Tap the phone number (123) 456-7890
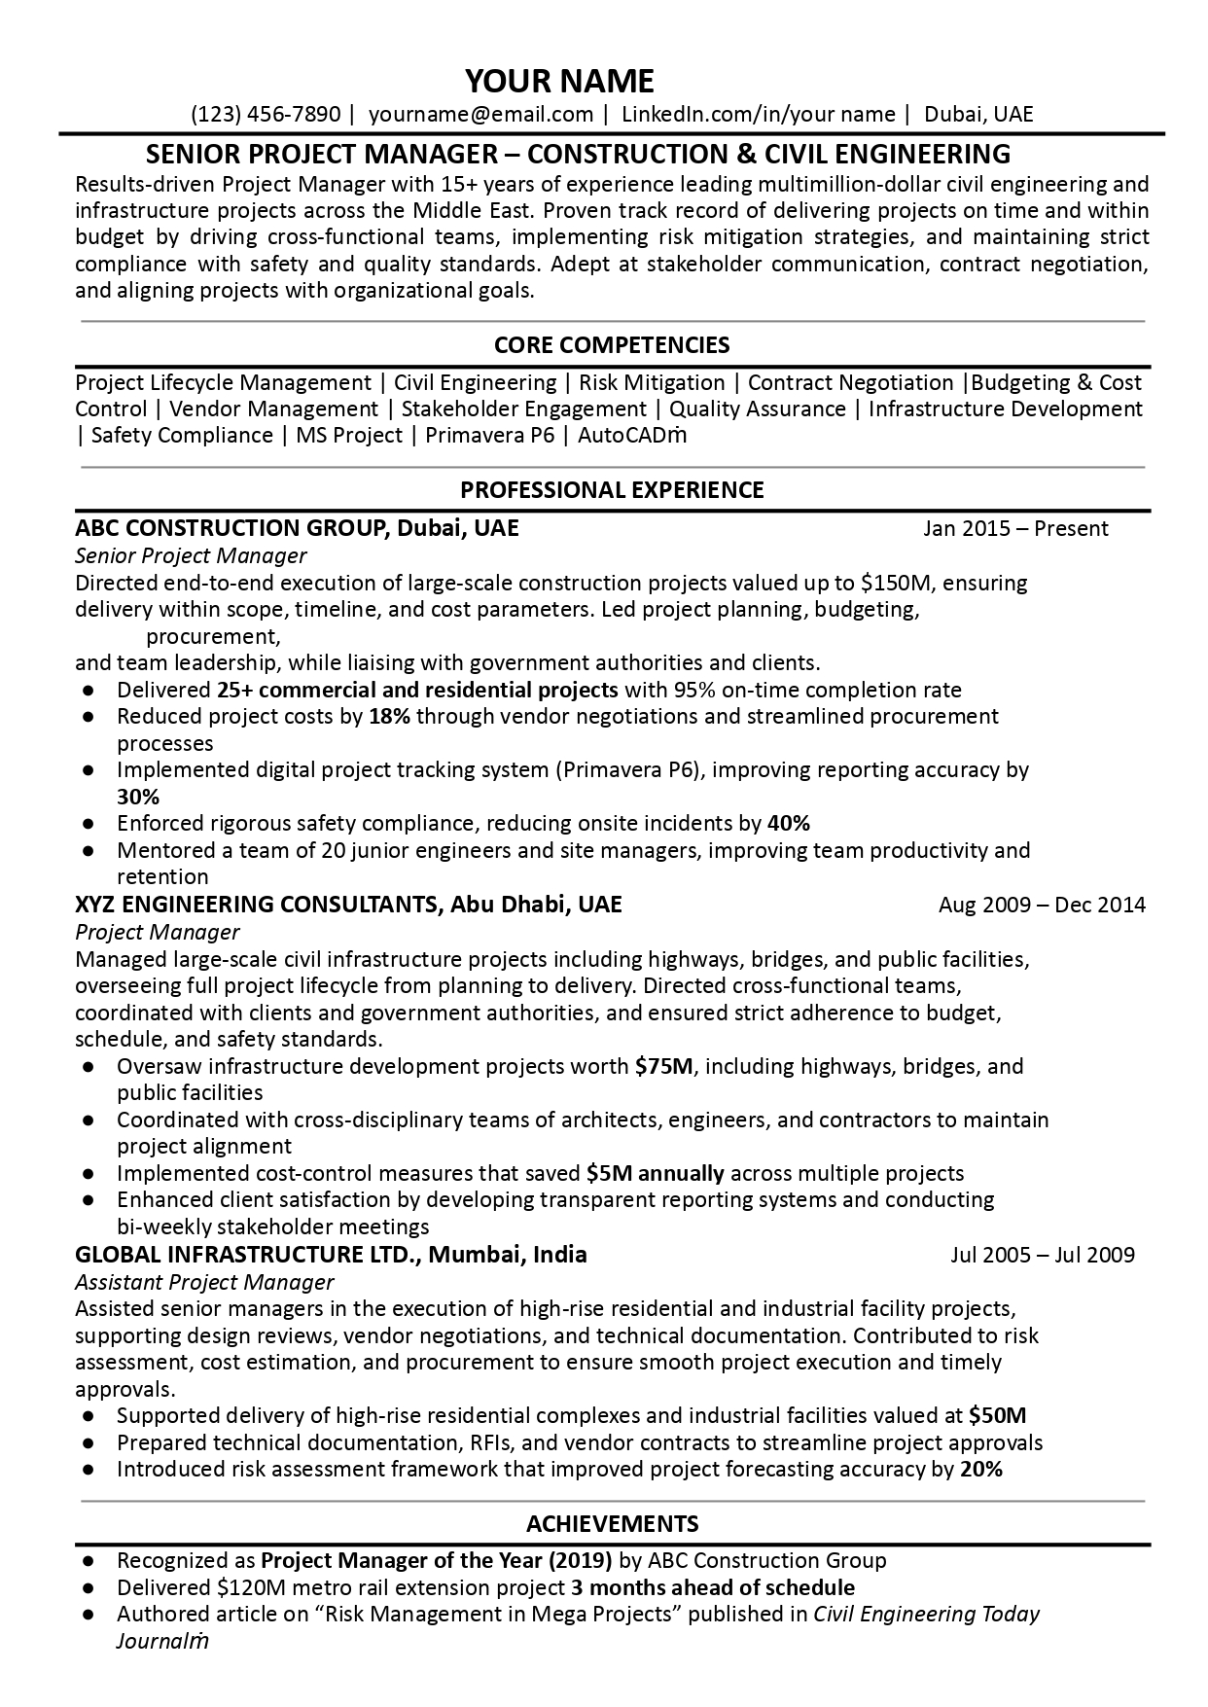click(x=266, y=115)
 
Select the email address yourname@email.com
click(x=481, y=115)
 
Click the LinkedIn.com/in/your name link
click(x=758, y=115)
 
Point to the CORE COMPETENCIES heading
click(x=612, y=345)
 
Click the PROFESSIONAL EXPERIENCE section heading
click(x=612, y=490)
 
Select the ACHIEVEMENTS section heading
click(x=612, y=1523)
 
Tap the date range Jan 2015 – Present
click(x=1015, y=529)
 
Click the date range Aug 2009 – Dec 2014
click(x=1042, y=906)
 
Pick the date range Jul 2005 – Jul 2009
click(x=1042, y=1255)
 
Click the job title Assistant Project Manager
click(x=204, y=1282)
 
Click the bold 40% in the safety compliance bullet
click(x=788, y=824)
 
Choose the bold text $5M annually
click(x=655, y=1173)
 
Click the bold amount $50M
click(x=998, y=1415)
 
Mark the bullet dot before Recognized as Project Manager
click(x=89, y=1561)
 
